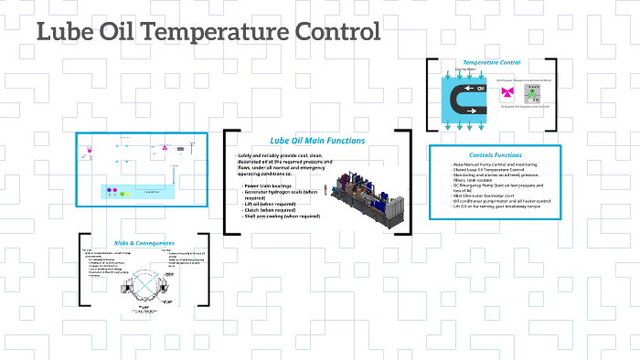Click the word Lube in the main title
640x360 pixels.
[x=60, y=32]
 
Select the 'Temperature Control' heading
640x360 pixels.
[x=491, y=62]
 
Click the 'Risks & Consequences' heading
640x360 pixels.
[x=144, y=242]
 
